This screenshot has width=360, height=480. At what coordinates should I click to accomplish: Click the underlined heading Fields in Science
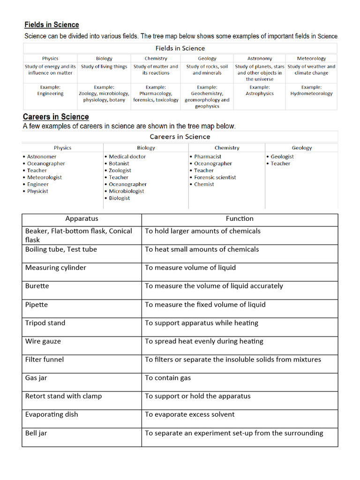tap(52, 25)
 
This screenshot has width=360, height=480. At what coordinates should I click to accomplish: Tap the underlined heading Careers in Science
tap(56, 117)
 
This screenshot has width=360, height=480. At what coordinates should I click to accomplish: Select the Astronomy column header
tap(259, 59)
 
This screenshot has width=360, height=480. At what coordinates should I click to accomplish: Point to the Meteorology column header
tap(311, 59)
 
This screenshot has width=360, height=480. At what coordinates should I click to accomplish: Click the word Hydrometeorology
tap(311, 94)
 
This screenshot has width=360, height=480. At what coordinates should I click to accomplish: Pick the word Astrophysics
tap(259, 94)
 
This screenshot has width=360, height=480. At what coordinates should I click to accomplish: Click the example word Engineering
tap(50, 94)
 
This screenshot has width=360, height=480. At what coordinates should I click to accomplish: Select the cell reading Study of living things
tap(104, 67)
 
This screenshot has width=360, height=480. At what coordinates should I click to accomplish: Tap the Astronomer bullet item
tap(42, 157)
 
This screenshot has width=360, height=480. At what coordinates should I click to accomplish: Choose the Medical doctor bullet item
tap(127, 157)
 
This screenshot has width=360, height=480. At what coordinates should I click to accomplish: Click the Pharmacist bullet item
tap(208, 157)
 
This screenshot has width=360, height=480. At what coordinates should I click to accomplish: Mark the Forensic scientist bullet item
tap(215, 177)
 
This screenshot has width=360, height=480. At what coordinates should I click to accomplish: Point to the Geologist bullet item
tap(282, 157)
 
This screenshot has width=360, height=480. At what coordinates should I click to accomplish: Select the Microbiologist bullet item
tap(127, 191)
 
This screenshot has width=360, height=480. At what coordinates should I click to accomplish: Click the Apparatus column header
tap(82, 218)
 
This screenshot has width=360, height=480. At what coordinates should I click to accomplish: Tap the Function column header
tap(240, 218)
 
